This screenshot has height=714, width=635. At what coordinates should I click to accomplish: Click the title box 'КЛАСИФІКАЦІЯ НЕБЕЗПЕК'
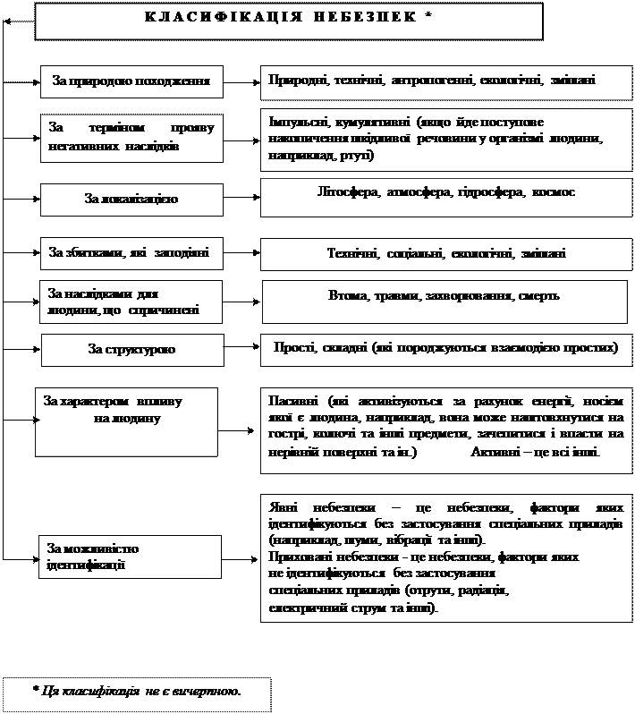(x=288, y=20)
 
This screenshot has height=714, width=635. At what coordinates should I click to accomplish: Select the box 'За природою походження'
(x=131, y=81)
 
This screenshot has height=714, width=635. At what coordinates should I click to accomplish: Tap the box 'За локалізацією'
(x=131, y=199)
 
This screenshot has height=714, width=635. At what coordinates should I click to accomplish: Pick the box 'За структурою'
(x=131, y=349)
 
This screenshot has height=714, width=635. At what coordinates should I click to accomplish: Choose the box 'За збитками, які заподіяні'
(x=131, y=253)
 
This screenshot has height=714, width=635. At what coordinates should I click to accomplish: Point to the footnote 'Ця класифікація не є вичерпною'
(x=136, y=691)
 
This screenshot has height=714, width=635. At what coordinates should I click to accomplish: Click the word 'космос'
(x=555, y=192)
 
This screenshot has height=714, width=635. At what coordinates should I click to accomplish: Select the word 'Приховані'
(x=299, y=556)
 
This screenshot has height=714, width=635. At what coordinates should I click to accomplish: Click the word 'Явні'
(x=282, y=506)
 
